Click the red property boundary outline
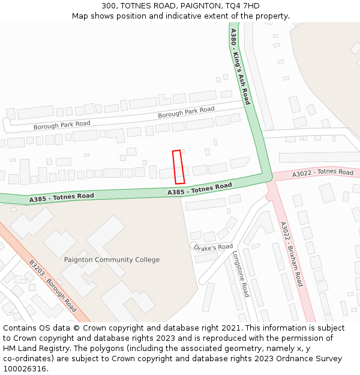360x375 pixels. coord(178,167)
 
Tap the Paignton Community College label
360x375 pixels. coord(112,260)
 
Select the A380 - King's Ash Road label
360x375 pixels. coord(240,66)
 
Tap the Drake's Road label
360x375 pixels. coord(213,247)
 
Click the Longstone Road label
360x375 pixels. coord(240,274)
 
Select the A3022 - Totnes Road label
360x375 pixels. coord(323,173)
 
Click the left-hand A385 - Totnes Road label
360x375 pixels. coord(61,197)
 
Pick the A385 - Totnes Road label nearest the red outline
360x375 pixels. coord(199,189)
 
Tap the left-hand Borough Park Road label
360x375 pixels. coord(62,125)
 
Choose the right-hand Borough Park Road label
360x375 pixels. coord(186,112)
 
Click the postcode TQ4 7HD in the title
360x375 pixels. coord(244,6)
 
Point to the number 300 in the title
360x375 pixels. coord(109,6)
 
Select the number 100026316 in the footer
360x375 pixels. coord(25,368)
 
